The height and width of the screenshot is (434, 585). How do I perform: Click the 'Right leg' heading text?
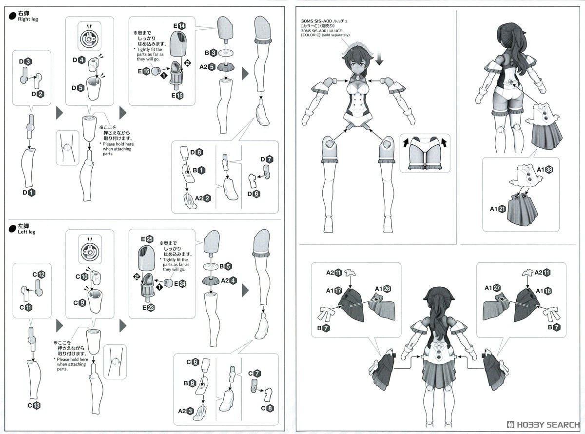click(x=28, y=19)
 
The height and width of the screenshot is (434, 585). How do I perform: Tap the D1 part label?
click(x=27, y=193)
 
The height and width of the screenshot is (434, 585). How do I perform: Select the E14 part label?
click(x=178, y=26)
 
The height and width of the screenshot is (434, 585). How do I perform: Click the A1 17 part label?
click(x=333, y=290)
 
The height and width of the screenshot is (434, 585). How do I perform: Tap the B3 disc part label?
click(x=210, y=52)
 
